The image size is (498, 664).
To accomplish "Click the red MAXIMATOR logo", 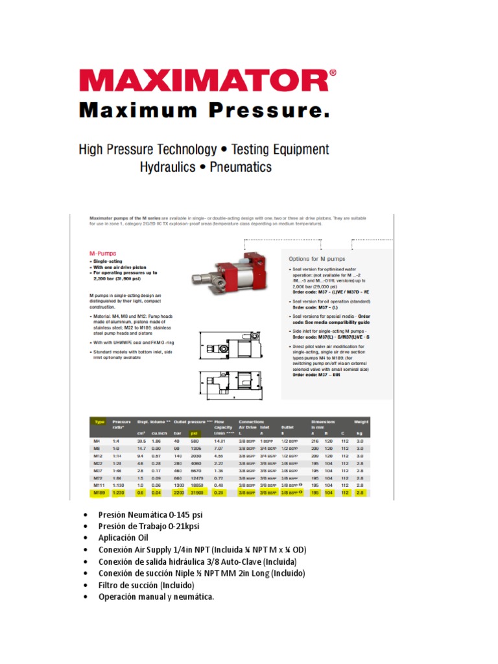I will (207, 80).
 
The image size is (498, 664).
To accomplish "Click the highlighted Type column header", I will (99, 421).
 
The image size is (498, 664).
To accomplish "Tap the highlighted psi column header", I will (193, 434).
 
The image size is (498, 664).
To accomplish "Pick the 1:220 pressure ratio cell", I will (118, 493).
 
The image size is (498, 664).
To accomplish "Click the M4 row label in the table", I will (97, 441).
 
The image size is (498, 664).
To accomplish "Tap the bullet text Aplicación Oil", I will (123, 538).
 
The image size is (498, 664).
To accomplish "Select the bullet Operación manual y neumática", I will (156, 597).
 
